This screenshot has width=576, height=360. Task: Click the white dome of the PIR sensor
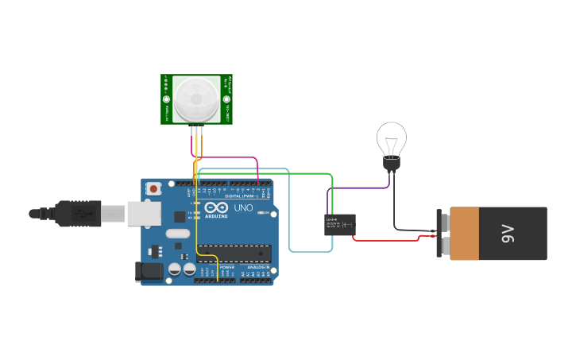click(x=196, y=99)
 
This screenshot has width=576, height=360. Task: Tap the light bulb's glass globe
click(x=391, y=140)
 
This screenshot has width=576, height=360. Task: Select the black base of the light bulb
click(x=391, y=164)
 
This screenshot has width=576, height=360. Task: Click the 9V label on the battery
click(x=507, y=234)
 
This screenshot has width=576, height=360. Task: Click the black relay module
click(x=339, y=225)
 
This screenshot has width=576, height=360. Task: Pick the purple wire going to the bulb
click(x=358, y=188)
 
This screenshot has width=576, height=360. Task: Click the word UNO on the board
click(x=243, y=208)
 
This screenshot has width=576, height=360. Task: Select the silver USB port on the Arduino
click(x=144, y=213)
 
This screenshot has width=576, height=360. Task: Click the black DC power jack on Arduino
click(x=149, y=272)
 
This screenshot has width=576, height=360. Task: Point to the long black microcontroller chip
click(x=234, y=253)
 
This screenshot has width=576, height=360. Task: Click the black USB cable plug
click(x=77, y=213)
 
